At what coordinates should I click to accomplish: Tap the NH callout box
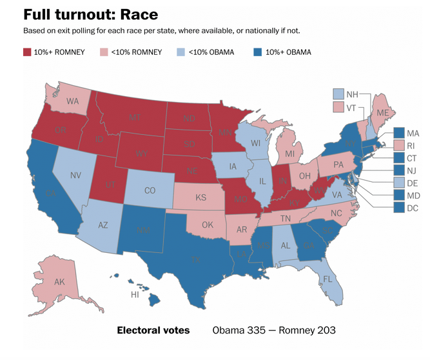(x=339, y=94)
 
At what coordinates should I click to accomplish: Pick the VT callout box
(x=339, y=106)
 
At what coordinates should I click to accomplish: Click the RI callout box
(x=400, y=146)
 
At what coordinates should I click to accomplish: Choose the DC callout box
(x=400, y=208)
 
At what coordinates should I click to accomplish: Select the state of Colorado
(x=150, y=190)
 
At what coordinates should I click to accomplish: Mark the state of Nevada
(x=75, y=174)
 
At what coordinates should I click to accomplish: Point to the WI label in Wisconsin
(x=255, y=143)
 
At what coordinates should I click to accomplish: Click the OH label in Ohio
(x=305, y=175)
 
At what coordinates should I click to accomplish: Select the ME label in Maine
(x=382, y=113)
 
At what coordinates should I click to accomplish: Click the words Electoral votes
(x=153, y=330)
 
